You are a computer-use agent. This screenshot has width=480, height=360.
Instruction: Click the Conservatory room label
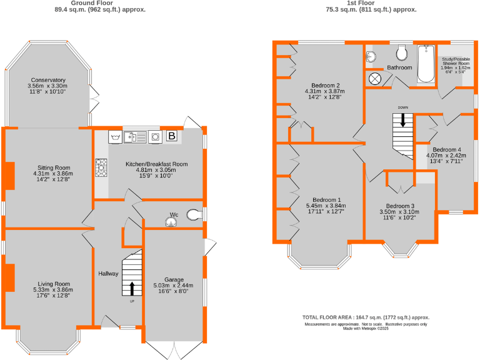pyautogui.click(x=47, y=80)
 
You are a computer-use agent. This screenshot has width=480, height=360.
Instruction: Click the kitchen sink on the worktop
pyautogui.click(x=135, y=136)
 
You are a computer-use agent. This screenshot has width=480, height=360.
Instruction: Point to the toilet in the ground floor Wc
pyautogui.click(x=196, y=215)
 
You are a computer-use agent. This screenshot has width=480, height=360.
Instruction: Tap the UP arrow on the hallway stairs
pyautogui.click(x=132, y=288)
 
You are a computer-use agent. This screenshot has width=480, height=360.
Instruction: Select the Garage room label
pyautogui.click(x=174, y=279)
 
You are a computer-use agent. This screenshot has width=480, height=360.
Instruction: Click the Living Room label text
pyautogui.click(x=53, y=283)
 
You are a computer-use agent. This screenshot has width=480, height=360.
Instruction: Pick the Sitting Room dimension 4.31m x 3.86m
pyautogui.click(x=53, y=174)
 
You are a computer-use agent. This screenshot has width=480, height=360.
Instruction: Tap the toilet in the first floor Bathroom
pyautogui.click(x=402, y=52)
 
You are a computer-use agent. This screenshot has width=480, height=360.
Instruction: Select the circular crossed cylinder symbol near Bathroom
pyautogui.click(x=376, y=78)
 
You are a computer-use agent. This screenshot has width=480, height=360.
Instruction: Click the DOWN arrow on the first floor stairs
pyautogui.click(x=402, y=118)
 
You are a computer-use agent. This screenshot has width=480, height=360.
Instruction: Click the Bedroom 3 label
pyautogui.click(x=400, y=206)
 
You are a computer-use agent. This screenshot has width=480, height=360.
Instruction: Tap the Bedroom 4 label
pyautogui.click(x=447, y=149)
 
